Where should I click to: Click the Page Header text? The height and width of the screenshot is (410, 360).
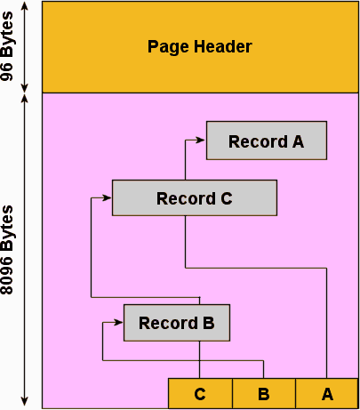[199, 46]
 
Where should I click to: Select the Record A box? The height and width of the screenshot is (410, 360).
[266, 141]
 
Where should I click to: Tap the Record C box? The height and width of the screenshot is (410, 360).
[194, 197]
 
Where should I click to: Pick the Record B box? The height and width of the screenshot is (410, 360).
[176, 322]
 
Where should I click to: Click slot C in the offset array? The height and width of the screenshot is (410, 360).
[200, 393]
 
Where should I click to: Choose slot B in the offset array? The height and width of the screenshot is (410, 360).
[263, 393]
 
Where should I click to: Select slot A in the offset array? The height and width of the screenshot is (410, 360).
[326, 393]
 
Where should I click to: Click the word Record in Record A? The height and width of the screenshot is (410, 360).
[252, 141]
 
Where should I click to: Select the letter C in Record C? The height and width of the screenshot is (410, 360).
[226, 198]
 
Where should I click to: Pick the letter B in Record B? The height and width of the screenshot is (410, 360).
[208, 323]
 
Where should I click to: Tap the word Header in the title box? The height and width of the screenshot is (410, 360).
[225, 46]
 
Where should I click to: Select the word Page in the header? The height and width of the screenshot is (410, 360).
[165, 46]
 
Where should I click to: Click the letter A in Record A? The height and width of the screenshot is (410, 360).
[297, 141]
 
